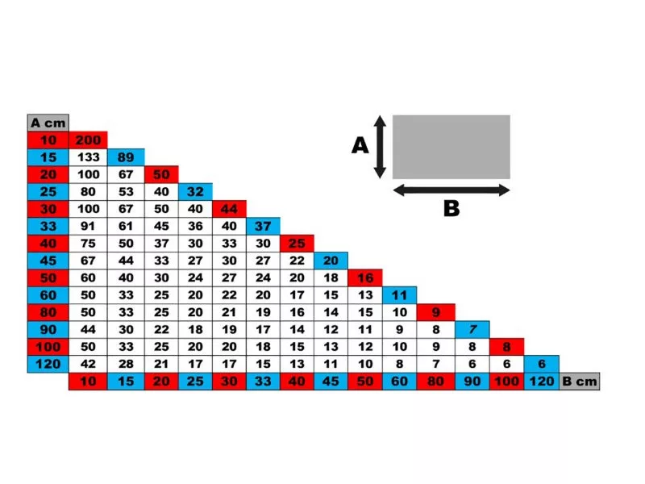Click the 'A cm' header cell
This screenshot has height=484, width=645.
[x=48, y=123]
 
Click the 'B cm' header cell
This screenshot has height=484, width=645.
[x=580, y=381]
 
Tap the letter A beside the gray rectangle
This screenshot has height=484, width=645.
[x=360, y=145]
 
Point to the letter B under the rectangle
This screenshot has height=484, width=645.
[x=451, y=209]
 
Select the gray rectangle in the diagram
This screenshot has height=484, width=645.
[x=451, y=147]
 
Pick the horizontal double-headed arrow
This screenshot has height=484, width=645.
[x=451, y=190]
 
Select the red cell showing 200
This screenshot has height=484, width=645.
[x=88, y=140]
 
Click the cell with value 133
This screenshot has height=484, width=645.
[x=88, y=157]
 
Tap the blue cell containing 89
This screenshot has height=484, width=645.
[x=126, y=157]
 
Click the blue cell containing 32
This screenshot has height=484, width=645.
[x=195, y=191]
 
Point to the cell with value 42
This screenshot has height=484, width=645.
[x=88, y=364]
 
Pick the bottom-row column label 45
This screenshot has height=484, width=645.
[x=331, y=381]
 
